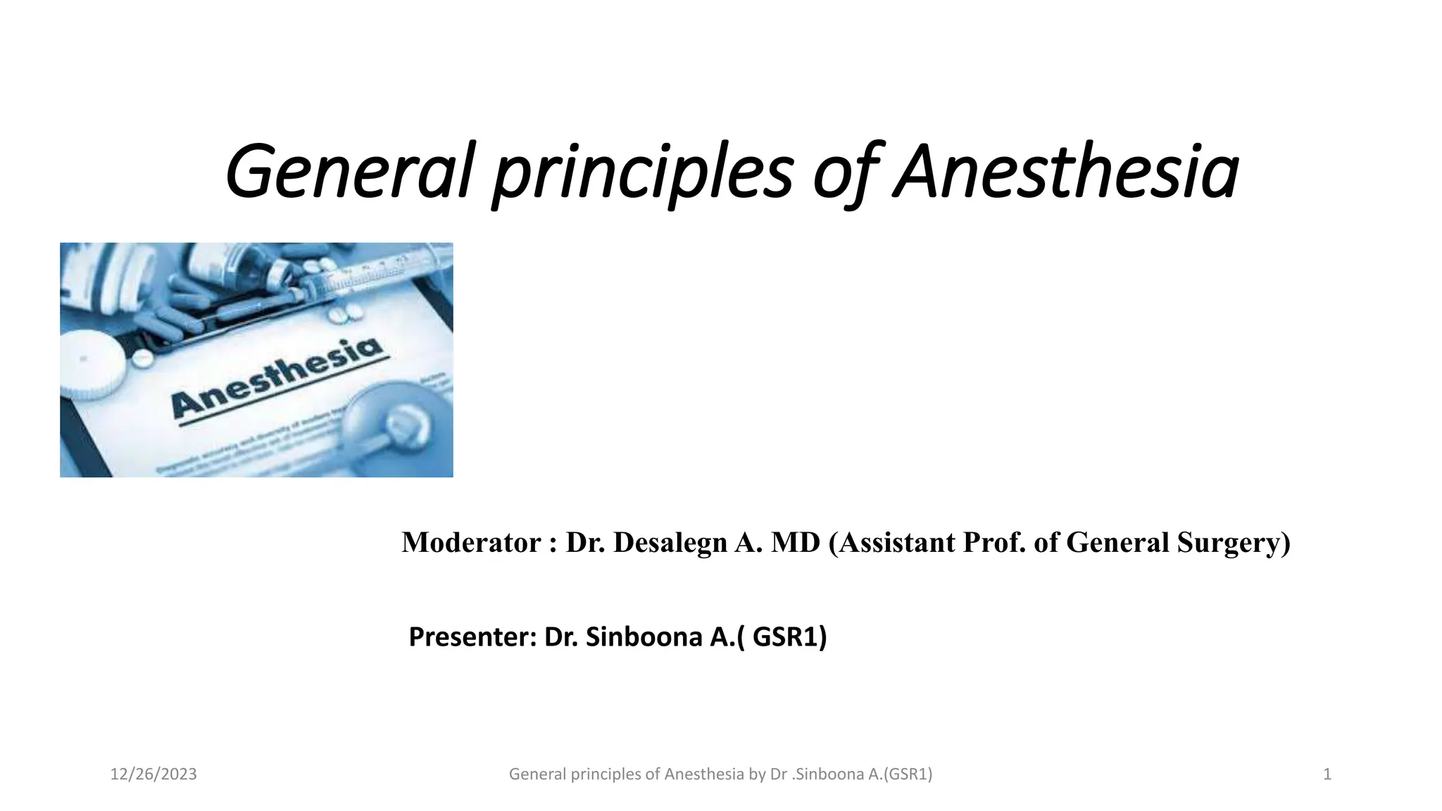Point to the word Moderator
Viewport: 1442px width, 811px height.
coord(471,543)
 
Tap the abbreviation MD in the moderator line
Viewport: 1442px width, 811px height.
coord(796,543)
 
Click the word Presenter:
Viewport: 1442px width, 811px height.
coord(472,637)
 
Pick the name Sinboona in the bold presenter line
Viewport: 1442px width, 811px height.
coord(644,637)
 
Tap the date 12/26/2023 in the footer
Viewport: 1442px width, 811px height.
coord(153,774)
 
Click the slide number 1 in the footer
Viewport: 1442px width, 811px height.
coord(1327,774)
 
